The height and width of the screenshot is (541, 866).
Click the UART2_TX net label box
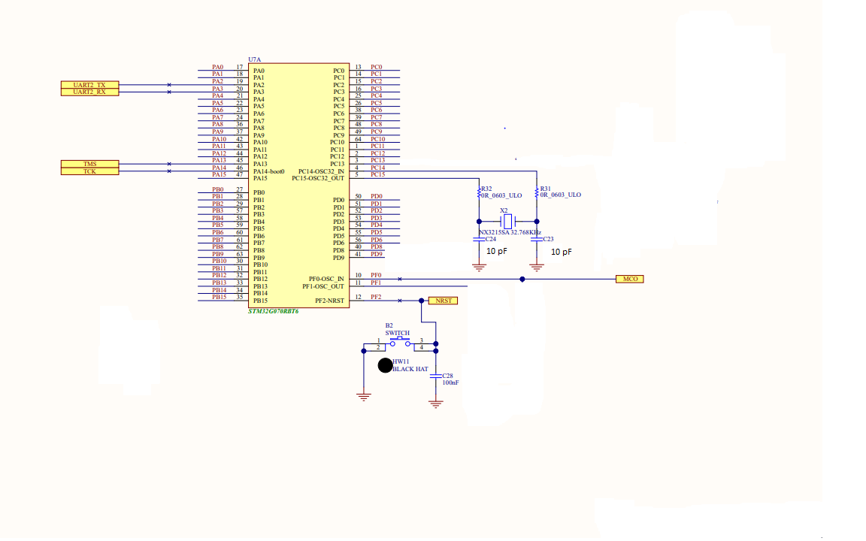pos(89,85)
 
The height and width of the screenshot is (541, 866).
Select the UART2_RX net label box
pos(89,92)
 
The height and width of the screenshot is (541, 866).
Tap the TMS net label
pos(89,164)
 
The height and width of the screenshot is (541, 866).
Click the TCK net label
pos(89,171)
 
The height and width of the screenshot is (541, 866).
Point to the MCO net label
pos(629,279)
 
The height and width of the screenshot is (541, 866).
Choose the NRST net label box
pos(442,301)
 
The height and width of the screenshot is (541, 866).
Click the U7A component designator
pos(254,59)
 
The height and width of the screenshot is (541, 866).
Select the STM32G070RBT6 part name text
pos(274,310)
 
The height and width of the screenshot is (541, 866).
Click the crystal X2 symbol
pos(507,221)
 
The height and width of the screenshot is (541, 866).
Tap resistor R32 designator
pos(486,189)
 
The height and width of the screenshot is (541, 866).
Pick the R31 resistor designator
pos(546,189)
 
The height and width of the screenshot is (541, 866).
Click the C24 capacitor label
pos(490,239)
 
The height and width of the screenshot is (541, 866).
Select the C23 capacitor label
pos(547,239)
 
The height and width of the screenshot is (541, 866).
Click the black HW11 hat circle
pos(384,366)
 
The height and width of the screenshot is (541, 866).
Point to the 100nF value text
pos(450,382)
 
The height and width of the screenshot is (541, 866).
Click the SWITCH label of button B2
pos(398,333)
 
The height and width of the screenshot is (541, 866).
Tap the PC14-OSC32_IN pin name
pos(321,171)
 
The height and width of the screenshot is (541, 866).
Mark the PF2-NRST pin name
pos(329,301)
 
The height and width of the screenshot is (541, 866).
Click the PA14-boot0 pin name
pos(269,171)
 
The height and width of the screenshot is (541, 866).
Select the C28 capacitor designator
pos(448,375)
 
